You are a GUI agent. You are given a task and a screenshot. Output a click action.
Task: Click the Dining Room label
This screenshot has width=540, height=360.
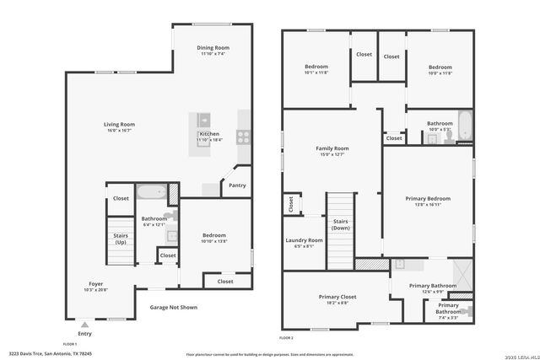(213, 48)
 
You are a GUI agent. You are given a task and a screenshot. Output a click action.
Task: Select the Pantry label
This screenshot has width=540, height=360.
(237, 185)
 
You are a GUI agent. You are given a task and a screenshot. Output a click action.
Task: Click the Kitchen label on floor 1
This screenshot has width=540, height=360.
(208, 135)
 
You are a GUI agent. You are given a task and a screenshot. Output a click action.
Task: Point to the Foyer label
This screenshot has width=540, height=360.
(96, 284)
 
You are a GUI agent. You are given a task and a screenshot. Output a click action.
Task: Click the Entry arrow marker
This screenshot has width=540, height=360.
(83, 322)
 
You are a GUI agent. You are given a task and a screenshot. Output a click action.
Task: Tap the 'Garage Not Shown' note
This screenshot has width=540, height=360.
(173, 307)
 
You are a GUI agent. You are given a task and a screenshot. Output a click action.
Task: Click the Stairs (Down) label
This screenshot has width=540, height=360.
(341, 224)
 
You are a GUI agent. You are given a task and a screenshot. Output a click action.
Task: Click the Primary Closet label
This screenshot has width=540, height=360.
(337, 297)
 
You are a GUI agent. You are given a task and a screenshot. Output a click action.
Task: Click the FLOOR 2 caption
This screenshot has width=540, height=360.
(286, 337)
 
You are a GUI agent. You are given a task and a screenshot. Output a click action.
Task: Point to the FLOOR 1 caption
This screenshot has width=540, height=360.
(70, 343)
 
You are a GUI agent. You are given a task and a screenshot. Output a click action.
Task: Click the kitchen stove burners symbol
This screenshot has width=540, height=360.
(243, 135)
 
